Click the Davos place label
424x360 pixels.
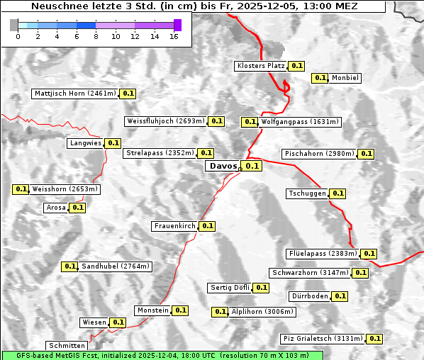[222, 166]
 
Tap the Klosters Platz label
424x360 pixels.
[260, 66]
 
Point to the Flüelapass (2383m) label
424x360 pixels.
[322, 253]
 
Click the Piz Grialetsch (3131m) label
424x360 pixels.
[323, 338]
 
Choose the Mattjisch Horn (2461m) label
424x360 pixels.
[74, 93]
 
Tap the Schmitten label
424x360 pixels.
[67, 345]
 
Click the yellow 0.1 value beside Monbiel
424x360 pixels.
[320, 78]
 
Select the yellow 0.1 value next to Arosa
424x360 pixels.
[78, 208]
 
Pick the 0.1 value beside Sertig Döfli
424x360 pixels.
[262, 287]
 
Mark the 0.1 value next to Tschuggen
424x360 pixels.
[338, 193]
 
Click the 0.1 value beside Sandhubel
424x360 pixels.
[69, 266]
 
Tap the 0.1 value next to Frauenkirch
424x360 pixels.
[207, 226]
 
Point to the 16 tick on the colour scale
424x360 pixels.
[174, 36]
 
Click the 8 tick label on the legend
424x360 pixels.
[96, 36]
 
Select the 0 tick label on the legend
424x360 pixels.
[18, 36]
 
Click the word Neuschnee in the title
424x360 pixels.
[55, 6]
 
